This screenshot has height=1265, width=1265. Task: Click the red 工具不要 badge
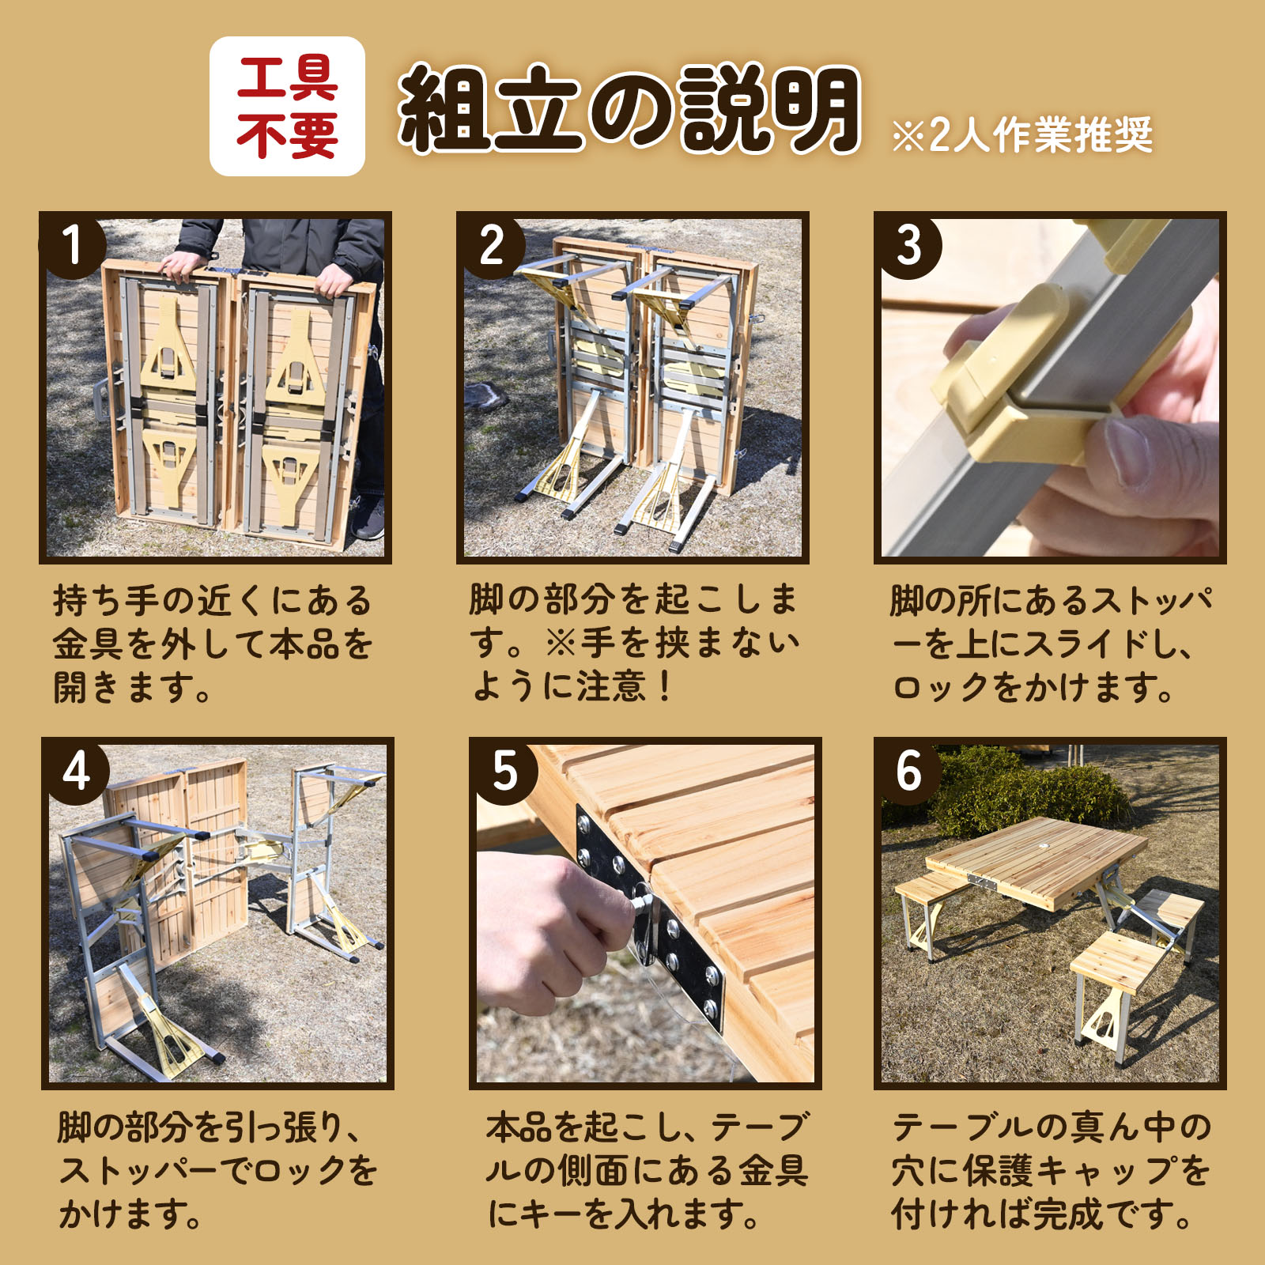click(287, 106)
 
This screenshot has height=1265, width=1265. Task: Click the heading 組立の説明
click(630, 108)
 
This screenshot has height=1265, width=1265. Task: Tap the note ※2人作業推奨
click(1021, 135)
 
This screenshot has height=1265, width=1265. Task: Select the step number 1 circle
click(72, 244)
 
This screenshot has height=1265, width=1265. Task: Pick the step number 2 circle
click(490, 244)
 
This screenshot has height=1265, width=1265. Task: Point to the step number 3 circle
click(908, 244)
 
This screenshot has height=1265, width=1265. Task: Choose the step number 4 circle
click(75, 771)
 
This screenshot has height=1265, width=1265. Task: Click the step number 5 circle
click(504, 771)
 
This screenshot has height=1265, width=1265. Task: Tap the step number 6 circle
click(908, 771)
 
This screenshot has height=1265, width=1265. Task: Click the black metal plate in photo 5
click(648, 917)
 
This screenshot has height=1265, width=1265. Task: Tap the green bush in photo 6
click(1028, 791)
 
